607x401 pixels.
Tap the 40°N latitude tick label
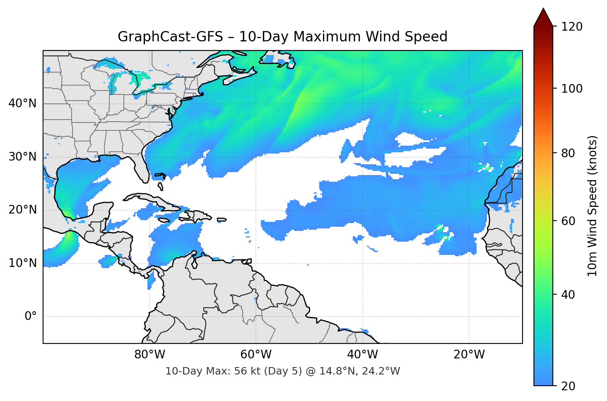click(22, 103)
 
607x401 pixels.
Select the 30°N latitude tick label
click(22, 157)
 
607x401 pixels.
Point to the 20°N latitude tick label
click(22, 210)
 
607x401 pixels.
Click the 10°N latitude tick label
click(22, 263)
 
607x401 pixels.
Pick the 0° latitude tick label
click(31, 317)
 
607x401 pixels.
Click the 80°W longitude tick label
click(149, 355)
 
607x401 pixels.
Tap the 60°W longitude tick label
click(256, 355)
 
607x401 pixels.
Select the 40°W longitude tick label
click(363, 355)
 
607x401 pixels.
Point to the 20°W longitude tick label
click(469, 355)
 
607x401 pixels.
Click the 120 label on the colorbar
click(572, 27)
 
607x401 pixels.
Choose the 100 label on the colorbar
click(572, 89)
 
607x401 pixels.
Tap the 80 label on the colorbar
click(568, 153)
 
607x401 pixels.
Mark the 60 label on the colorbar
click(568, 221)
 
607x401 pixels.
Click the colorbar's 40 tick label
click(568, 295)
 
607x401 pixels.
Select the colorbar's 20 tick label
click(568, 386)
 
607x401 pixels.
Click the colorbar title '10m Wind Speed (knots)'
click(593, 206)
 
